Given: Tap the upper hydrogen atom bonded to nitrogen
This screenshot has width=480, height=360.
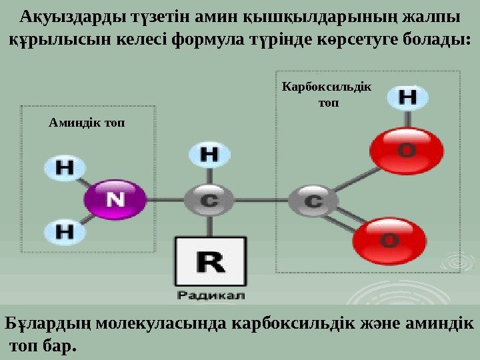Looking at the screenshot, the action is click(x=64, y=167).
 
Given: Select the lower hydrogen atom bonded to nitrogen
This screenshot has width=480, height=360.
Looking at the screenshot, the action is click(x=64, y=231).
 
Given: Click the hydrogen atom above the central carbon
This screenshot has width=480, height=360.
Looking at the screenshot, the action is click(x=209, y=155).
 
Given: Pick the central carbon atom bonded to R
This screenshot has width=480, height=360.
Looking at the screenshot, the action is click(x=209, y=199).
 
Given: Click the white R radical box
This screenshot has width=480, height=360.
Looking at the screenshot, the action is click(x=210, y=262).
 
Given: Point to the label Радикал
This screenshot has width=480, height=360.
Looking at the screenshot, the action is click(x=211, y=294).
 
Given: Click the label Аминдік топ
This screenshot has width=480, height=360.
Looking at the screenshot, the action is click(x=87, y=123).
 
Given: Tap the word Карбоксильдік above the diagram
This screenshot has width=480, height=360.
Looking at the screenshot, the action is click(x=328, y=87).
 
